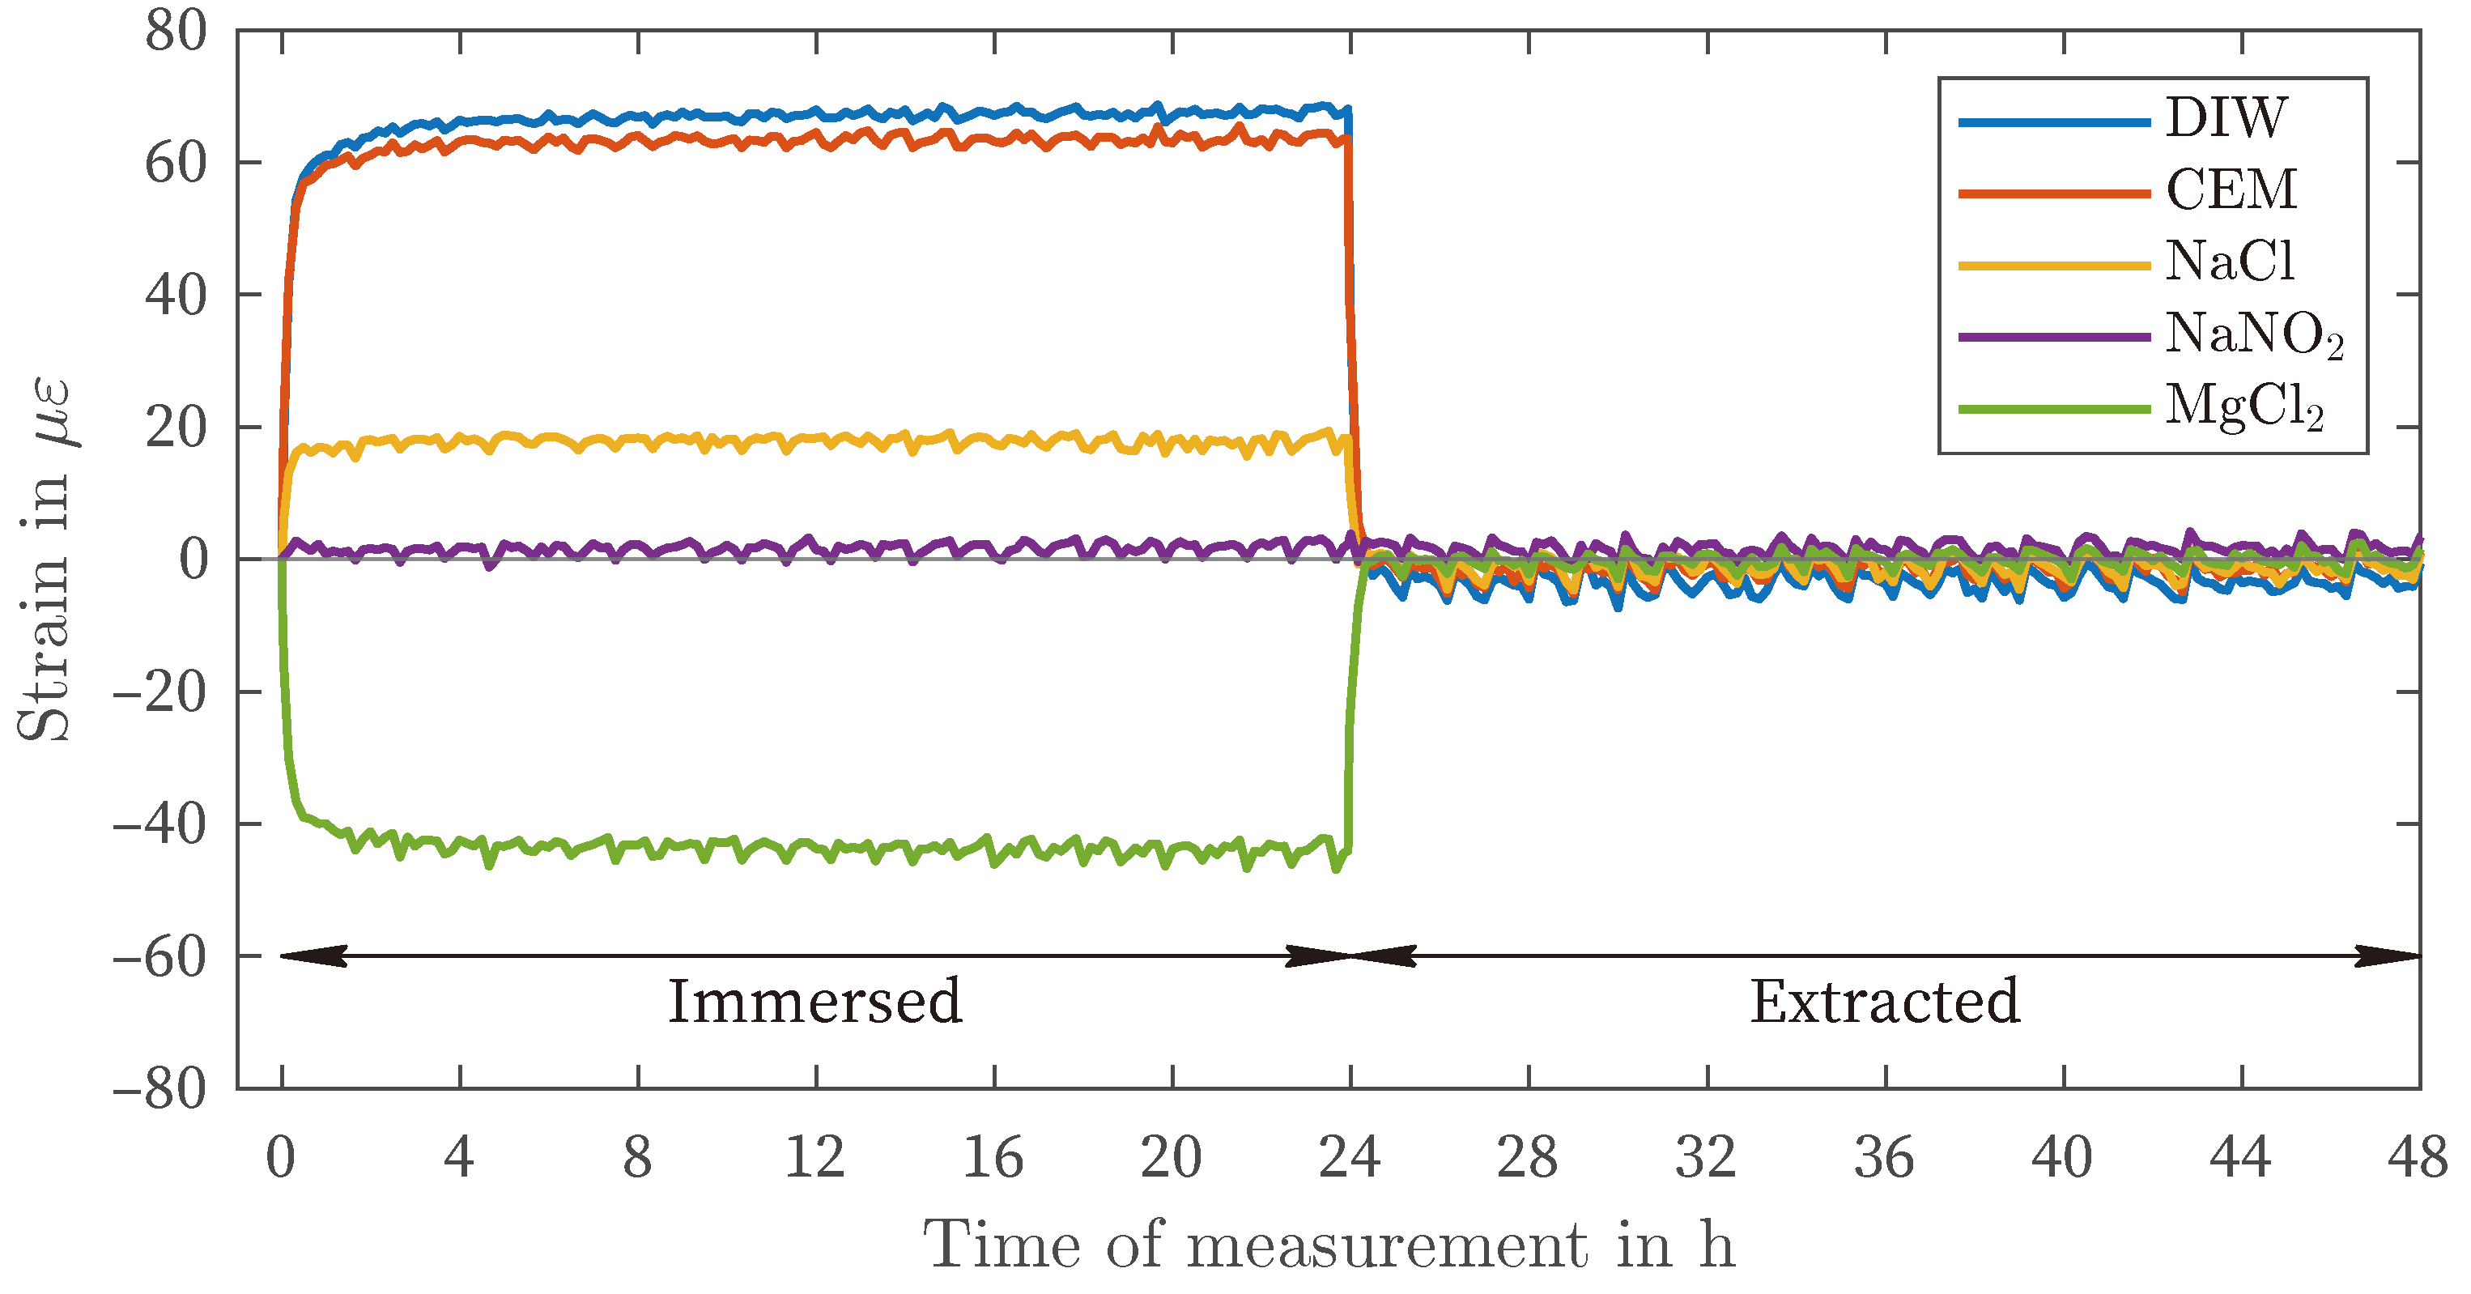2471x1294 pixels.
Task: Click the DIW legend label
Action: click(2226, 119)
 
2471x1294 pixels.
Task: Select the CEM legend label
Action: click(2231, 190)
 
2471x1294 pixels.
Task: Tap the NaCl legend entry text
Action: click(2231, 261)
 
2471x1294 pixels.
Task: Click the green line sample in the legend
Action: click(2052, 410)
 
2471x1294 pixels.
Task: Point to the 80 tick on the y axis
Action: click(176, 32)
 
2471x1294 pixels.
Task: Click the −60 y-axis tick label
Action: click(160, 956)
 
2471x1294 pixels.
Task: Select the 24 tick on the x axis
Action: click(1350, 1158)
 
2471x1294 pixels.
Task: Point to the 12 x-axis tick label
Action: click(815, 1158)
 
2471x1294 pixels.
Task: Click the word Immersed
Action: click(814, 1002)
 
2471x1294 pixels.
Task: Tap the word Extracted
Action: click(1885, 1002)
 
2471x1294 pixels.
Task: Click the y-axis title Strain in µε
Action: click(45, 560)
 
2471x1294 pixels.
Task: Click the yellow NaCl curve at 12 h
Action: click(816, 438)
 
